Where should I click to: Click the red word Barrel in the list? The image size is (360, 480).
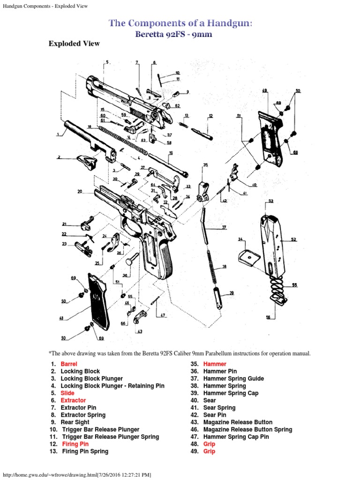click(68, 364)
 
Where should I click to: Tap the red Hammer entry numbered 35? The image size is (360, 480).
click(215, 364)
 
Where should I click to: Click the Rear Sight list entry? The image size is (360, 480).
click(75, 422)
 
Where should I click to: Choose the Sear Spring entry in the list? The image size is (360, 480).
click(219, 408)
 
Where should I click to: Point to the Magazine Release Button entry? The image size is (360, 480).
click(238, 422)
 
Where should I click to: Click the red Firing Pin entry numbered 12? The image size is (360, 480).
click(75, 444)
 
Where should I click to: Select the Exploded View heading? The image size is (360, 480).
click(74, 44)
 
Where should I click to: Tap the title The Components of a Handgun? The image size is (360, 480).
click(180, 22)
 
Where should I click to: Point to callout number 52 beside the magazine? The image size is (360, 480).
click(294, 240)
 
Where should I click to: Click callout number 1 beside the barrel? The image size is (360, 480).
click(58, 134)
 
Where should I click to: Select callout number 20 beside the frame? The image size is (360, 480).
click(80, 191)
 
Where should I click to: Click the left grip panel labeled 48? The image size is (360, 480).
click(96, 300)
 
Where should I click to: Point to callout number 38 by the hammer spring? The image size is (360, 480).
click(224, 267)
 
